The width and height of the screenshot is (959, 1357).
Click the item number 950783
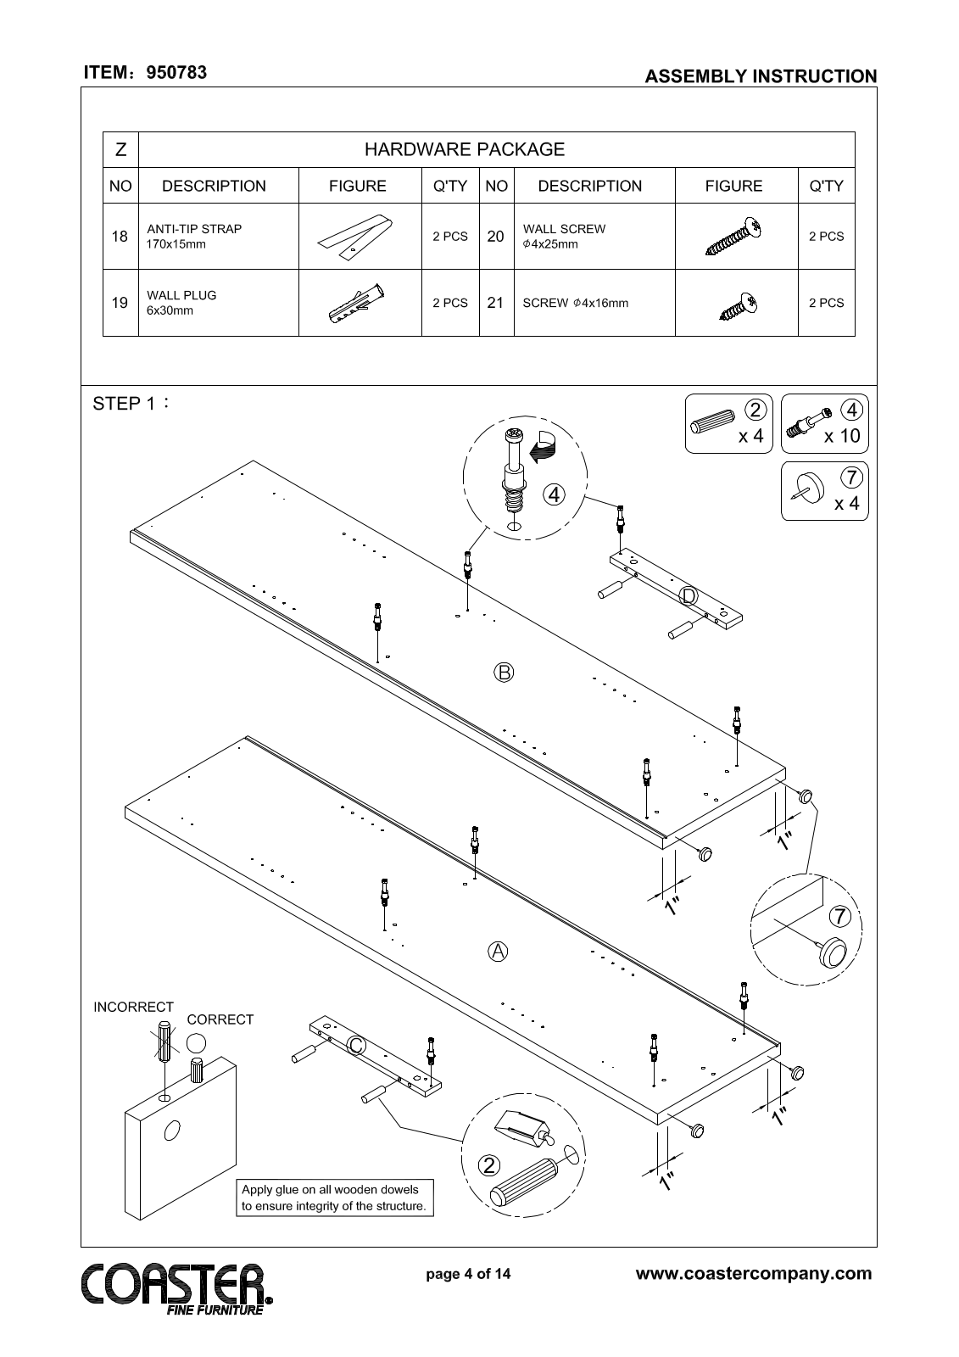pos(176,73)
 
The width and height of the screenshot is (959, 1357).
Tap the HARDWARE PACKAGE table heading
pos(464,150)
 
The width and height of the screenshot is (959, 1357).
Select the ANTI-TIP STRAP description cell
pos(194,237)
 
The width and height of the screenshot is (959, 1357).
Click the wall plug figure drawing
pos(359,304)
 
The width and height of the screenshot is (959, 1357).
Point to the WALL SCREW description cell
pos(564,237)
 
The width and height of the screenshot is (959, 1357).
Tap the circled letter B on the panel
pos(504,673)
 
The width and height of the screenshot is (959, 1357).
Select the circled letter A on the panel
pos(498,951)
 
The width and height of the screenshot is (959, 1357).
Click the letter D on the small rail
pos(689,596)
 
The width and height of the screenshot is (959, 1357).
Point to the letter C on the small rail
pos(357,1047)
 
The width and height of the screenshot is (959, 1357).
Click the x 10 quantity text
pos(842,436)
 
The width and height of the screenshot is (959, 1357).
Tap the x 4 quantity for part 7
pos(846,504)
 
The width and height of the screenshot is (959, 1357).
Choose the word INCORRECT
pos(133,1007)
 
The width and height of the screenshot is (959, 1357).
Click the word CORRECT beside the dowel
pos(220,1019)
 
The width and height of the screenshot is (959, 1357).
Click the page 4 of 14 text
pos(468,1274)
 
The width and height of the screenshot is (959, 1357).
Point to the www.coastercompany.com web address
pos(753,1273)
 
